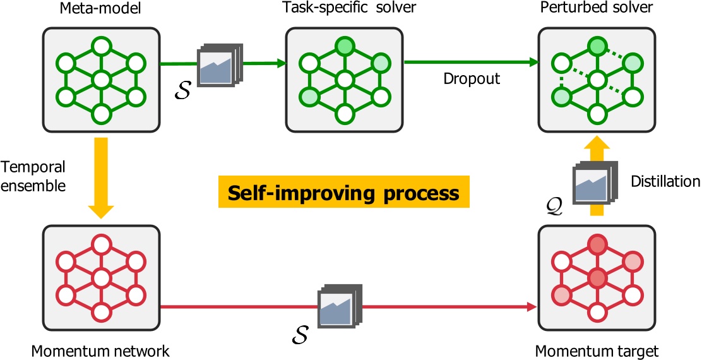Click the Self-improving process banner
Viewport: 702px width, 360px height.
point(344,193)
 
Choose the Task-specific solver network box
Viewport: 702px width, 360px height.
point(343,80)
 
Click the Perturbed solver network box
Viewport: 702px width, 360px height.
point(593,80)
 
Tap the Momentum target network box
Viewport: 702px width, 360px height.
point(593,278)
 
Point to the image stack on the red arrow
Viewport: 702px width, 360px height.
point(339,308)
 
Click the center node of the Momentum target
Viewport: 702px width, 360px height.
point(593,278)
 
